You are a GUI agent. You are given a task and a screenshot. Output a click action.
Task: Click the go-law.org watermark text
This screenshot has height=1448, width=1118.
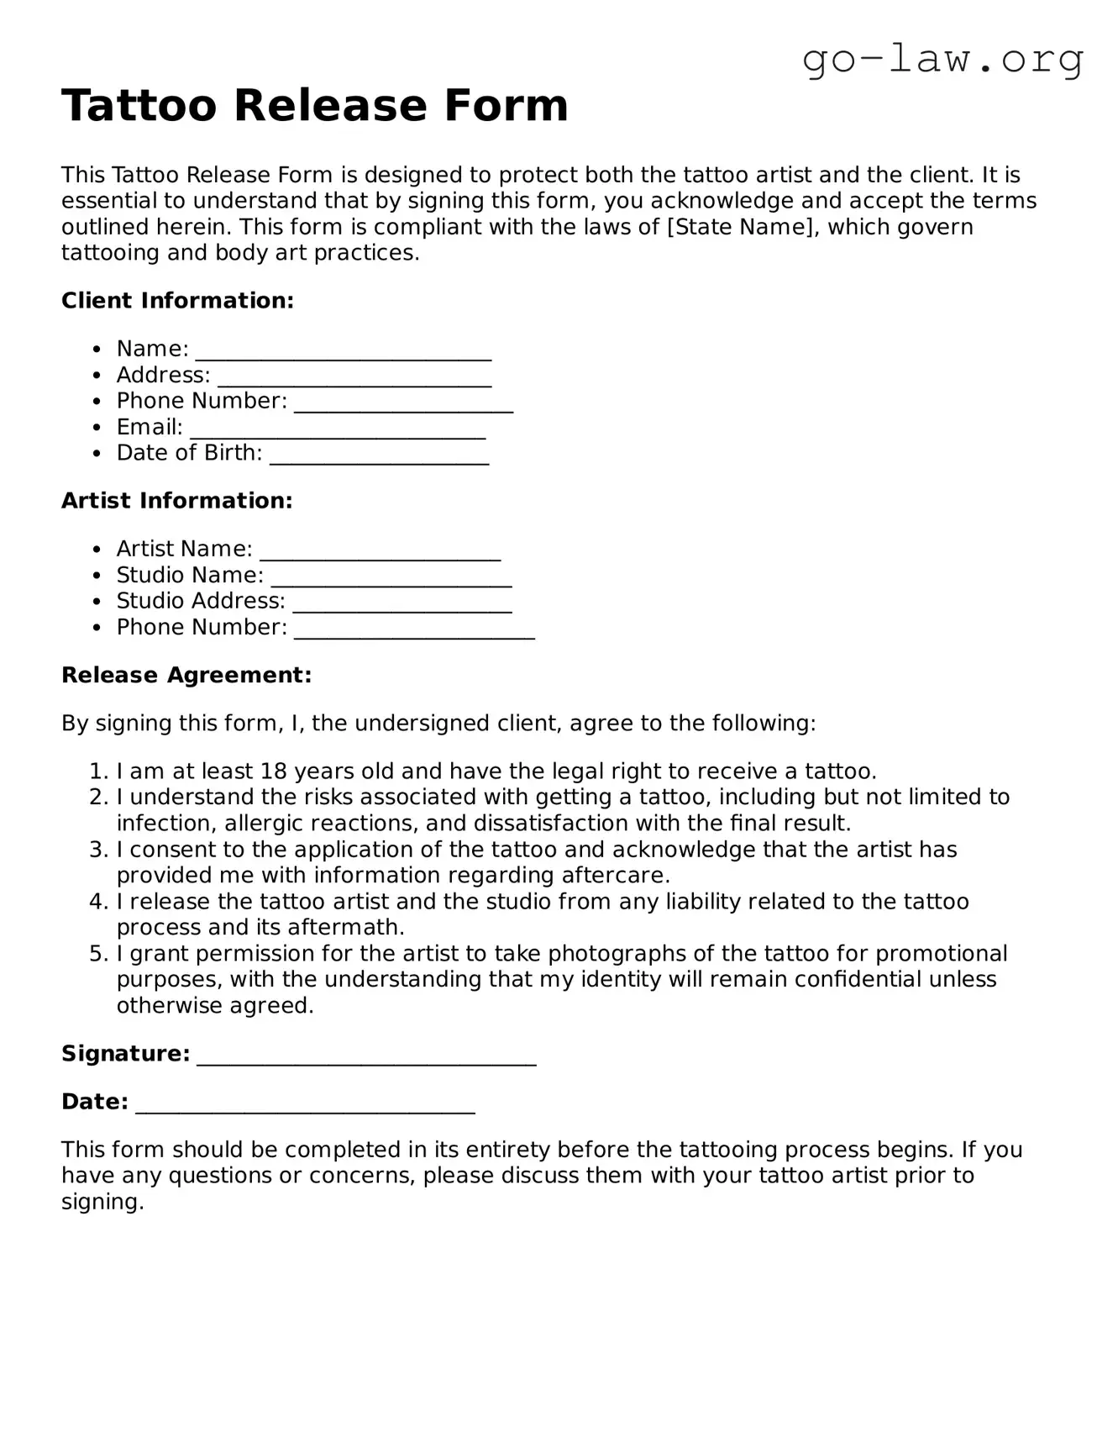point(942,59)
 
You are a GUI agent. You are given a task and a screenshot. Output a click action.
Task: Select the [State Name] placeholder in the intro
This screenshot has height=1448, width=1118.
point(741,227)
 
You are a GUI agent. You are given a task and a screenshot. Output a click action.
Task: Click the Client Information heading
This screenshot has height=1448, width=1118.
point(177,301)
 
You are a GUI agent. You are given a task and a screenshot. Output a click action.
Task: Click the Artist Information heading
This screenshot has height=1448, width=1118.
point(176,501)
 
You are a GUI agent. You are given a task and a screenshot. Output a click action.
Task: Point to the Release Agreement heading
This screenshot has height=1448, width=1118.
point(186,676)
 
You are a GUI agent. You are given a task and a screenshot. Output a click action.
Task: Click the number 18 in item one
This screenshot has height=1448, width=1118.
point(274,771)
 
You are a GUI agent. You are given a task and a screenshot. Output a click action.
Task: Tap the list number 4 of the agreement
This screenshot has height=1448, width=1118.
point(98,902)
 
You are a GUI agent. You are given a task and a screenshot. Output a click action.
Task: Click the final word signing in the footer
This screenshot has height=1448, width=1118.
point(102,1203)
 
